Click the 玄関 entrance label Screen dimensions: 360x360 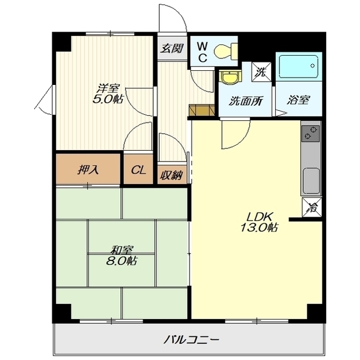[x=172, y=48]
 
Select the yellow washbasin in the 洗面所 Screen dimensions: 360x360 [x=229, y=78]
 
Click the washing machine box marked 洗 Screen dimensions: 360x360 [x=262, y=72]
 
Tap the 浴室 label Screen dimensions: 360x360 [x=299, y=100]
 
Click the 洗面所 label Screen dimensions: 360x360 [x=246, y=101]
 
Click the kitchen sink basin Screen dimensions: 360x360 [x=311, y=181]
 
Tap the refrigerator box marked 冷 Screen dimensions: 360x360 [x=312, y=208]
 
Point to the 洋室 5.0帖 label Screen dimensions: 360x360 [x=107, y=94]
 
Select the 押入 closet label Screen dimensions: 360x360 [x=88, y=170]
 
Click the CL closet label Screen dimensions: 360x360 [x=138, y=170]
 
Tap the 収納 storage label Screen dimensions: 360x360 [x=172, y=175]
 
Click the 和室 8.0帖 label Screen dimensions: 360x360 [x=121, y=255]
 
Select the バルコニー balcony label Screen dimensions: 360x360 [x=191, y=339]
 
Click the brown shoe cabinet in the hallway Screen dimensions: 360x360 [x=201, y=110]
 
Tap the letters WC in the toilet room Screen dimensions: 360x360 [x=202, y=52]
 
